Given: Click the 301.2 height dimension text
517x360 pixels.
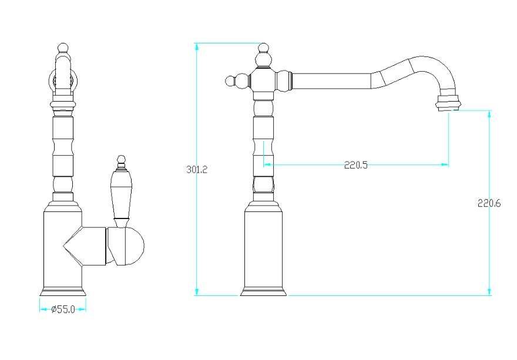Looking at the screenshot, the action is point(197,170).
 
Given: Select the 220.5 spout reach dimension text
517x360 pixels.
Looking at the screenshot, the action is point(356,165).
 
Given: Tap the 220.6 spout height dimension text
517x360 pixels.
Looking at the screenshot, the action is point(489,203).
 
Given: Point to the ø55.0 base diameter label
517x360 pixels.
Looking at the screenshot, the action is point(63,309).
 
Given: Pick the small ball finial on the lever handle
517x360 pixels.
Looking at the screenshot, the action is point(122,159).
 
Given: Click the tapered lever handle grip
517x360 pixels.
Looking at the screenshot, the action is point(122,194).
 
